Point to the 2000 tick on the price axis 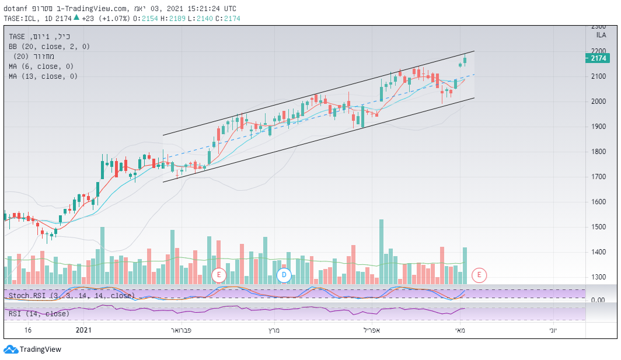[x=599, y=102]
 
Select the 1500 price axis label [x=599, y=227]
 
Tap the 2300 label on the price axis [x=599, y=27]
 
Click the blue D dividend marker [x=284, y=274]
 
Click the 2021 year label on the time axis [x=84, y=330]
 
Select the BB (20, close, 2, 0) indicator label [x=49, y=46]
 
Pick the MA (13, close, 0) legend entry [x=43, y=76]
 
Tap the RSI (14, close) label [x=39, y=314]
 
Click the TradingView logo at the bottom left [x=33, y=349]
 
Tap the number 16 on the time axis [x=27, y=330]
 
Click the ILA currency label [x=601, y=36]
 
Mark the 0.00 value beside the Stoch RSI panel [x=598, y=300]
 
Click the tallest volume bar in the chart [x=381, y=251]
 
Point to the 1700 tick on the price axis [x=599, y=177]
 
